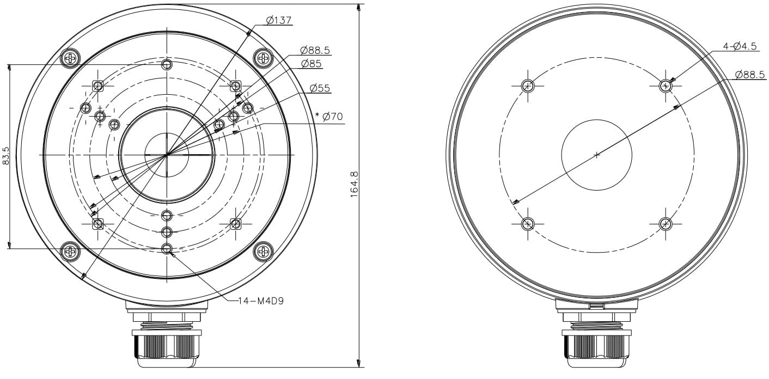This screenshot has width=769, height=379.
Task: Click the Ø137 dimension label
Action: pos(279,20)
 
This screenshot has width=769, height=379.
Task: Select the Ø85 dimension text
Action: pos(311,64)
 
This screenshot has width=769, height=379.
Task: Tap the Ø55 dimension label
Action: pos(320,88)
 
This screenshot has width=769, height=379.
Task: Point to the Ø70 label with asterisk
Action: pos(328,117)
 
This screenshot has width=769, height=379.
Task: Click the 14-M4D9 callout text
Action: pos(261,301)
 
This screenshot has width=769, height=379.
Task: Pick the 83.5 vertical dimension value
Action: pos(6,156)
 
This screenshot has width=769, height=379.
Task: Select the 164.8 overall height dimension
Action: pos(355,185)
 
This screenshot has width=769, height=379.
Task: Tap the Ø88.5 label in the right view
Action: pos(750,75)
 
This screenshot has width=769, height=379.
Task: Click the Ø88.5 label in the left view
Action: pos(315,51)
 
